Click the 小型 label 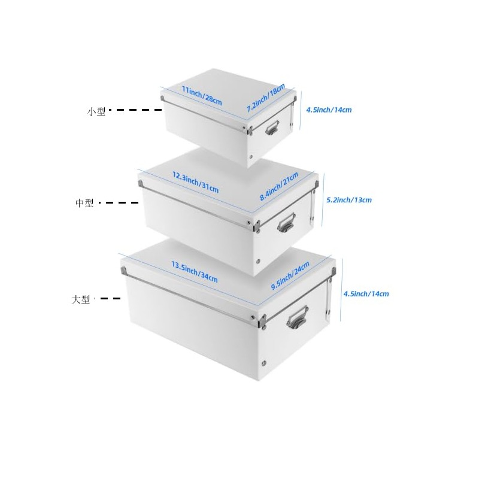tap(96, 111)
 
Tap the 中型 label tap(84, 204)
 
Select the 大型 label tap(81, 299)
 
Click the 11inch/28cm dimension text tap(201, 96)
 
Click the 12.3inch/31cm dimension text tap(195, 181)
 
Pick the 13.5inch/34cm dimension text tap(194, 271)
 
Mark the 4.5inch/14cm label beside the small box tap(328, 110)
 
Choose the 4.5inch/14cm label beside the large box tap(366, 293)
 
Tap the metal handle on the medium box tap(286, 224)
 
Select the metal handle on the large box tap(297, 317)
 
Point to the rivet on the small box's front tap(251, 157)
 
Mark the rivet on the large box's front tap(265, 363)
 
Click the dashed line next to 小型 tap(139, 110)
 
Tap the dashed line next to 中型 tap(119, 203)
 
